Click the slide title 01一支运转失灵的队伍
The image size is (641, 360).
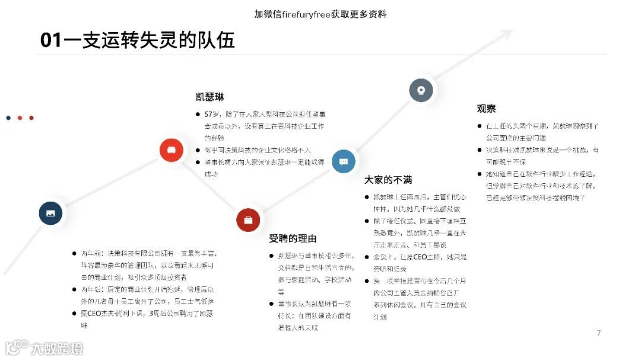[x=137, y=40]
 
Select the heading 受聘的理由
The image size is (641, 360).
[x=293, y=238]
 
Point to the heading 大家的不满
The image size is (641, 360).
[x=388, y=180]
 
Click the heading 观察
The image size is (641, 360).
[x=486, y=109]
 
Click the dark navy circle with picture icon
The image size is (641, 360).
[x=50, y=213]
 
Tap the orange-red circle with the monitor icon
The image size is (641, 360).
[x=172, y=149]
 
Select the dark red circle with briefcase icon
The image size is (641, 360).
[x=248, y=220]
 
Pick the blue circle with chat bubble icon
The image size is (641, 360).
[x=344, y=161]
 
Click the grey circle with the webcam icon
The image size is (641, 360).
[x=421, y=90]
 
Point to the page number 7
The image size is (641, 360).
[x=599, y=333]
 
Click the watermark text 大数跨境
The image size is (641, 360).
[x=57, y=348]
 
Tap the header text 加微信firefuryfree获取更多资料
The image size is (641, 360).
[x=320, y=14]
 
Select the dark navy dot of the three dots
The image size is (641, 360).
[x=8, y=118]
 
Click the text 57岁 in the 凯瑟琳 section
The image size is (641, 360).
[x=211, y=114]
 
